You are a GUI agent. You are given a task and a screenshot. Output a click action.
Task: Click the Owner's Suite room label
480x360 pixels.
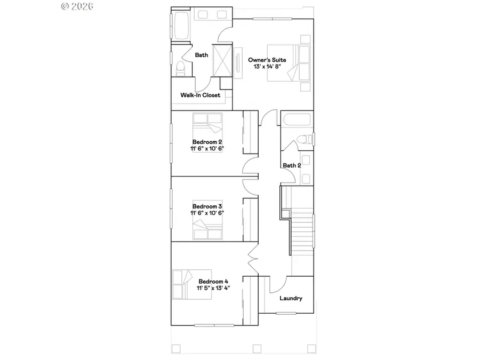pyautogui.click(x=267, y=60)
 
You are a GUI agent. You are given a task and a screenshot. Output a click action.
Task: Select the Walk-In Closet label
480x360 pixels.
pyautogui.click(x=200, y=95)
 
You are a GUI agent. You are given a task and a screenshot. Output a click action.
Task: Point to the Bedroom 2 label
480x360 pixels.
pyautogui.click(x=207, y=141)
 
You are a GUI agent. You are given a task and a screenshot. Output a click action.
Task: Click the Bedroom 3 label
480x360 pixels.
pyautogui.click(x=207, y=206)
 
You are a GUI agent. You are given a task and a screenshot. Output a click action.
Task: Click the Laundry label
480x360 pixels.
pyautogui.click(x=291, y=298)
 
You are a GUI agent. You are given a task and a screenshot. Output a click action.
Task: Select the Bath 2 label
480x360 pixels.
pyautogui.click(x=292, y=165)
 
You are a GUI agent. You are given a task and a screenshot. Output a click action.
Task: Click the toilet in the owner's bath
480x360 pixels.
pyautogui.click(x=180, y=67)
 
